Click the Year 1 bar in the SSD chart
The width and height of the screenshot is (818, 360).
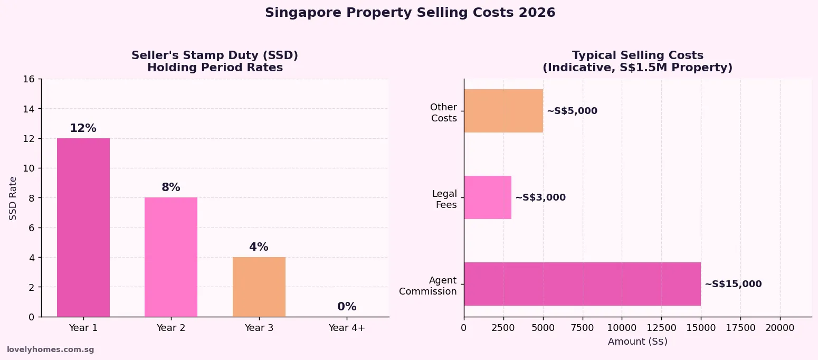83,227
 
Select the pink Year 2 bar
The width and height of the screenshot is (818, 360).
171,257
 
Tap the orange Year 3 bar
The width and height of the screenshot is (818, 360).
259,287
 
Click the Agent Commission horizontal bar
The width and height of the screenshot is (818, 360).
582,284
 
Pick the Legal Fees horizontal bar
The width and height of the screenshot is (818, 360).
488,197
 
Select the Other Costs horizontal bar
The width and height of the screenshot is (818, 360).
503,111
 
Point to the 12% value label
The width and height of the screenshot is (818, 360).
83,128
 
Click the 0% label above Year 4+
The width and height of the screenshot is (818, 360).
347,307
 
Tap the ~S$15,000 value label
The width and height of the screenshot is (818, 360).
733,284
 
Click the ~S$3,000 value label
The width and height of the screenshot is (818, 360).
540,197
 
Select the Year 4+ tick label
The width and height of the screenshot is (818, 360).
347,328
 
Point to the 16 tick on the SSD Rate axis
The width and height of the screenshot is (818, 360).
29,79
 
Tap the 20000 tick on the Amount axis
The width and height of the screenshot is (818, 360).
780,328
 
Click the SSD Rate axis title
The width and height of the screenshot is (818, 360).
13,198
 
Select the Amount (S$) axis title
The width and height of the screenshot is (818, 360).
638,342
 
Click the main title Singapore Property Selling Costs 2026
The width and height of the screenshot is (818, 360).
410,13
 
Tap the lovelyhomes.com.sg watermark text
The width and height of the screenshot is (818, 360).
50,349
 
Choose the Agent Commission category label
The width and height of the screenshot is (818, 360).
428,286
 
